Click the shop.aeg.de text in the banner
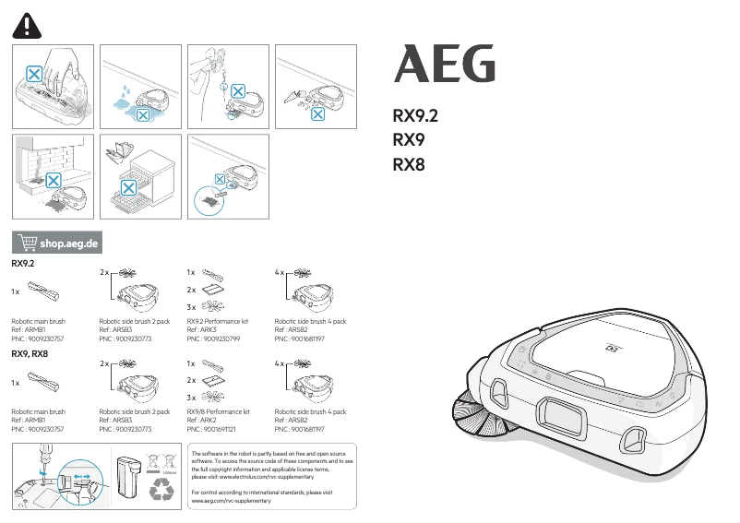pyautogui.click(x=69, y=244)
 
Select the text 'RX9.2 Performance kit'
pyautogui.click(x=218, y=322)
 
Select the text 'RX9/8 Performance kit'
pyautogui.click(x=218, y=412)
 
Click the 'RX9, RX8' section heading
pyautogui.click(x=30, y=354)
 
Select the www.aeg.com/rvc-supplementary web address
pyautogui.click(x=232, y=501)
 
